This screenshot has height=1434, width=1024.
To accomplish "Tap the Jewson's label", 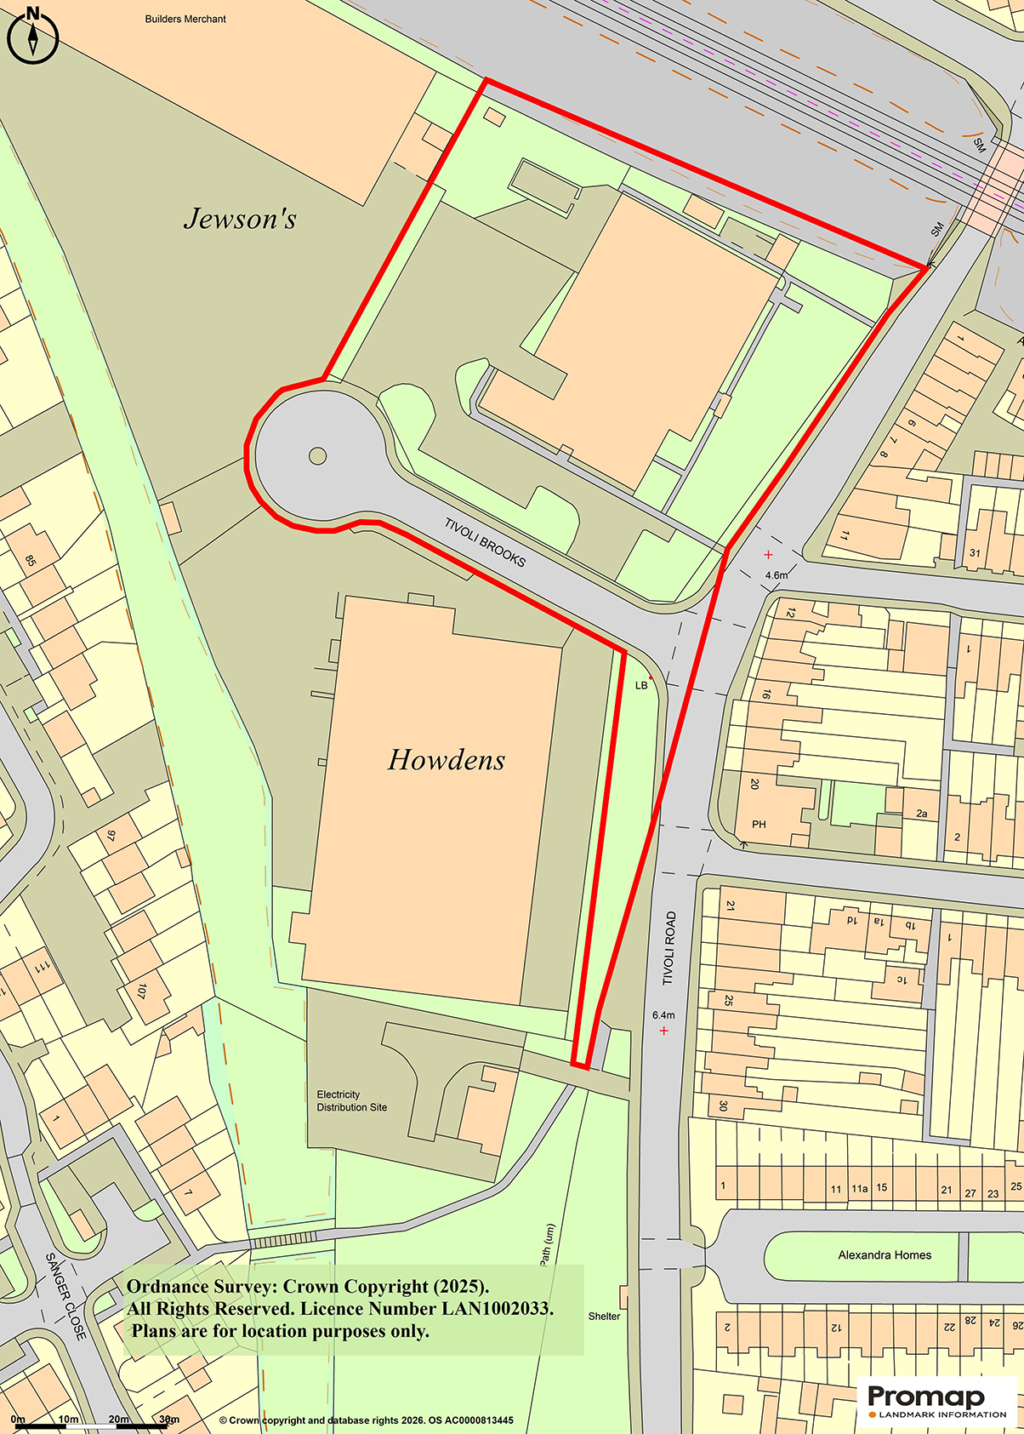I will (x=240, y=219).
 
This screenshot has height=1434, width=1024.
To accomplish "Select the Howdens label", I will (x=447, y=759).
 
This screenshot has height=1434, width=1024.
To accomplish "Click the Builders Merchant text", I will (x=185, y=19).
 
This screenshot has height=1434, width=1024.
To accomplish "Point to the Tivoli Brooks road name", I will (x=485, y=542).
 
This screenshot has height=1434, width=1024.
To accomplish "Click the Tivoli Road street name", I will (x=669, y=948).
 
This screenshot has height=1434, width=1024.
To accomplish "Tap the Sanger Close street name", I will (x=65, y=1297).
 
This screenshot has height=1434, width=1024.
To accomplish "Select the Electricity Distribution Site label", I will (x=351, y=1100).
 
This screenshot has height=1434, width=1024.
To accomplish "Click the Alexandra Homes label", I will (x=885, y=1254).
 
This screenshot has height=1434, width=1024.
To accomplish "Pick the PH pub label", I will (x=759, y=824).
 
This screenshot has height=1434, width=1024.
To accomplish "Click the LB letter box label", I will (x=641, y=685).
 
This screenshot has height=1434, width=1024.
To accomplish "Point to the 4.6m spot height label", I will (x=777, y=575).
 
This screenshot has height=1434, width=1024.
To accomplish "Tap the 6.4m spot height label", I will (x=663, y=1015).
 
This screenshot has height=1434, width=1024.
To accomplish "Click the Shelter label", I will (x=604, y=1316).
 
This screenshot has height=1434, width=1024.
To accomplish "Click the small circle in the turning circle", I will (x=317, y=456).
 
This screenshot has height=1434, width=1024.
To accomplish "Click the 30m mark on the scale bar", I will (x=169, y=1420).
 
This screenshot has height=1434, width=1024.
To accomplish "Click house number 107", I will (x=141, y=991).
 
